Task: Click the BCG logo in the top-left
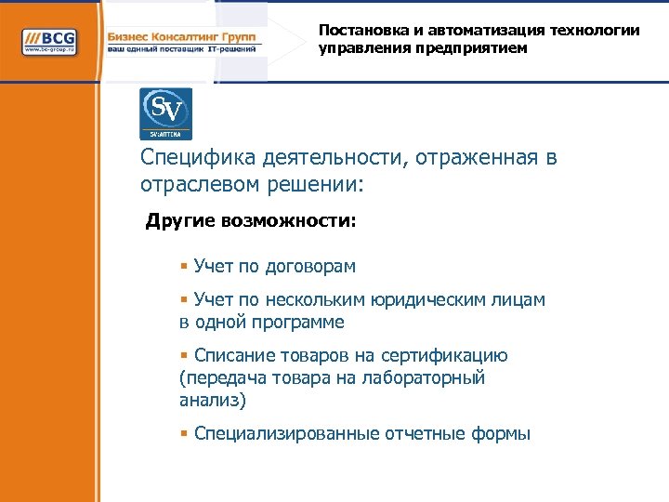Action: pyautogui.click(x=52, y=42)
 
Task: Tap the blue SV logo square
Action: pyautogui.click(x=165, y=113)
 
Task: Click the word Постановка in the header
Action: pyautogui.click(x=357, y=30)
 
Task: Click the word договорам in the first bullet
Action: pyautogui.click(x=310, y=267)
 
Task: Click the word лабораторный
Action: pyautogui.click(x=431, y=378)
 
